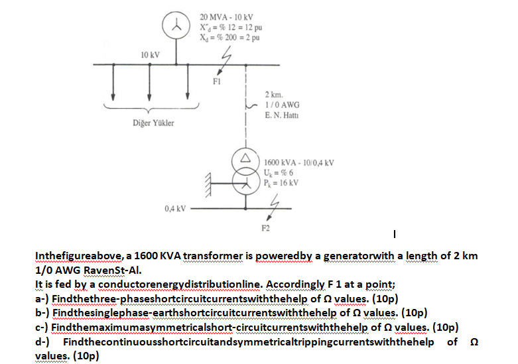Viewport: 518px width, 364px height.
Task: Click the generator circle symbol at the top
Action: (x=176, y=27)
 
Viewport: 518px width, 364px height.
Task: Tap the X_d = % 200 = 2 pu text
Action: (x=229, y=38)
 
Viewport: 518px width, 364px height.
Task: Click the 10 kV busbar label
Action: (x=149, y=54)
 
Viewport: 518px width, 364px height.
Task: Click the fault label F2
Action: (x=265, y=227)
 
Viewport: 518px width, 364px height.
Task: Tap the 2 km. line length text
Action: (x=275, y=95)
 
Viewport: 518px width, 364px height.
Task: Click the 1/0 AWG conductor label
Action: (x=282, y=104)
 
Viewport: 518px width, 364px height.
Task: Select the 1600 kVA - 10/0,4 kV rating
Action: (x=298, y=162)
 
